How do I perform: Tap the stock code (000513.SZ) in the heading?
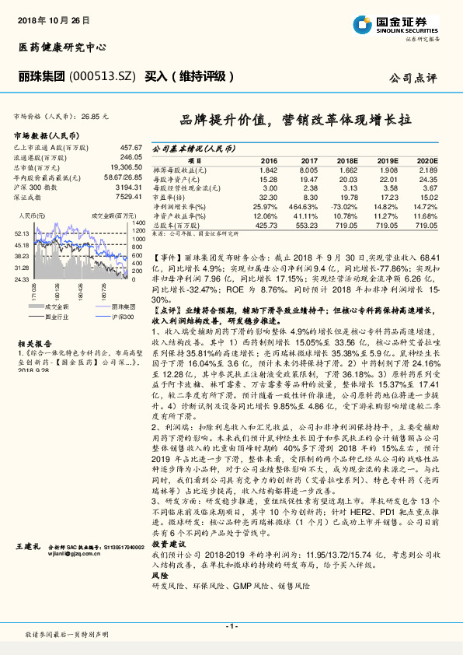coord(103,76)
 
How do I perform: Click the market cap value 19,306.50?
coord(125,167)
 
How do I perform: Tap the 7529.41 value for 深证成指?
coord(127,198)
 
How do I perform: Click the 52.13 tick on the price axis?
coord(21,233)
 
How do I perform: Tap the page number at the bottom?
coord(231,627)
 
